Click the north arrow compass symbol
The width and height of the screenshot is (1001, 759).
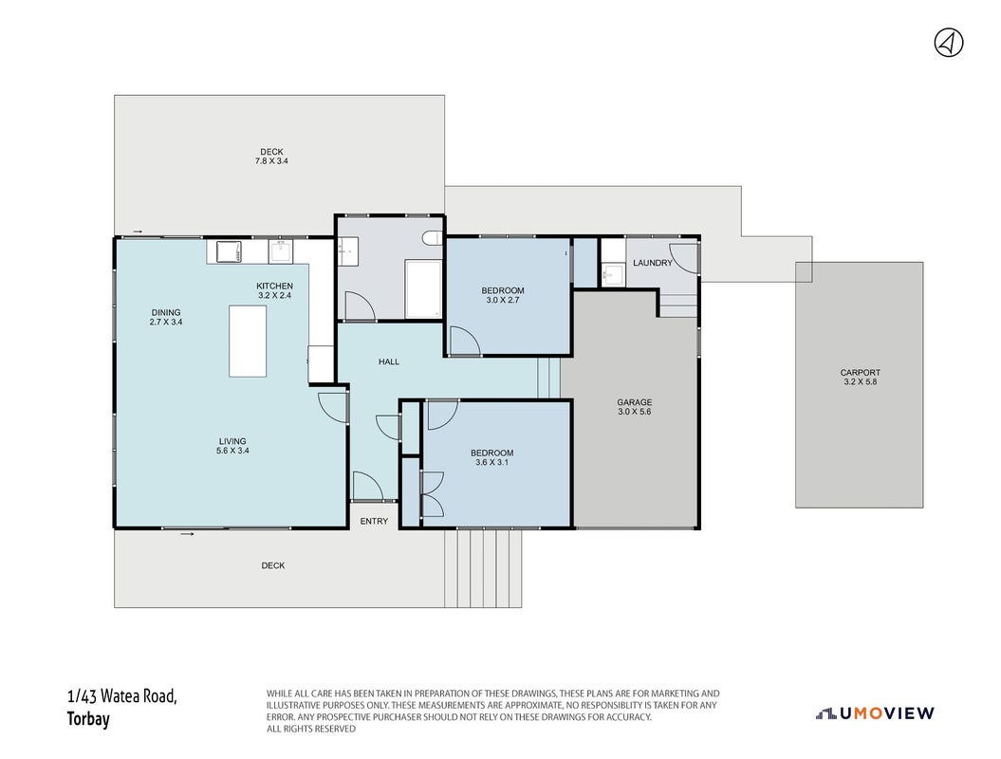coord(949,43)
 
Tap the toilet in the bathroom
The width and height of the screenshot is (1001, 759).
coord(433,238)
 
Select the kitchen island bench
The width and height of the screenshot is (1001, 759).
coord(248,341)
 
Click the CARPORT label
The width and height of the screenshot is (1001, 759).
coord(860,372)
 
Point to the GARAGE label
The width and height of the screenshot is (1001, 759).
coord(634,402)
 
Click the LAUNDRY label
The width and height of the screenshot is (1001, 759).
coord(653,263)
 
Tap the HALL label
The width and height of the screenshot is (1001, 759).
coord(389,361)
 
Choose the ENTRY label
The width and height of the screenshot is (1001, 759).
coord(374,521)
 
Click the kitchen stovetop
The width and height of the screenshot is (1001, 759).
coord(230,250)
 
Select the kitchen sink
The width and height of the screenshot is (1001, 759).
coord(280,251)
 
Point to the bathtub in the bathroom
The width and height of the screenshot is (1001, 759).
coord(423,289)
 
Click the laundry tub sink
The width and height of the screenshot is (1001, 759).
coord(612,274)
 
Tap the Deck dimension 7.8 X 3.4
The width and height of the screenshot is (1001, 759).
coord(271,161)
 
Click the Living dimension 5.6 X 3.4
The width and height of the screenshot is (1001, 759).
coord(232,450)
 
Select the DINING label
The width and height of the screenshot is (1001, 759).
coord(165,313)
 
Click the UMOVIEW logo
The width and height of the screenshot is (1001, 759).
coord(875,713)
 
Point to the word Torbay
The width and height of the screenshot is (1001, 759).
coord(88,719)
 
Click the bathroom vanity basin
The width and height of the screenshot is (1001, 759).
coord(347,250)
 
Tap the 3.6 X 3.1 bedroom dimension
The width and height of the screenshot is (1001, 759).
coord(491,462)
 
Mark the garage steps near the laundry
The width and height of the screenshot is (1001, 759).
coord(678,305)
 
